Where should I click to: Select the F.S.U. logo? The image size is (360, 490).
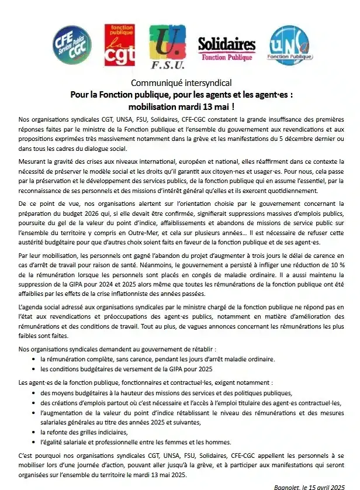click(x=167, y=46)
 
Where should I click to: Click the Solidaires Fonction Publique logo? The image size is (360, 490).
click(x=227, y=48)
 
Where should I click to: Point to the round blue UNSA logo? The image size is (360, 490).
click(x=288, y=45)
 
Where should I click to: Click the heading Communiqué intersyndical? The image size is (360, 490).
click(x=181, y=83)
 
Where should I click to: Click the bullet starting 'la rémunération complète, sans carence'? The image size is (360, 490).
click(x=157, y=359)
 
